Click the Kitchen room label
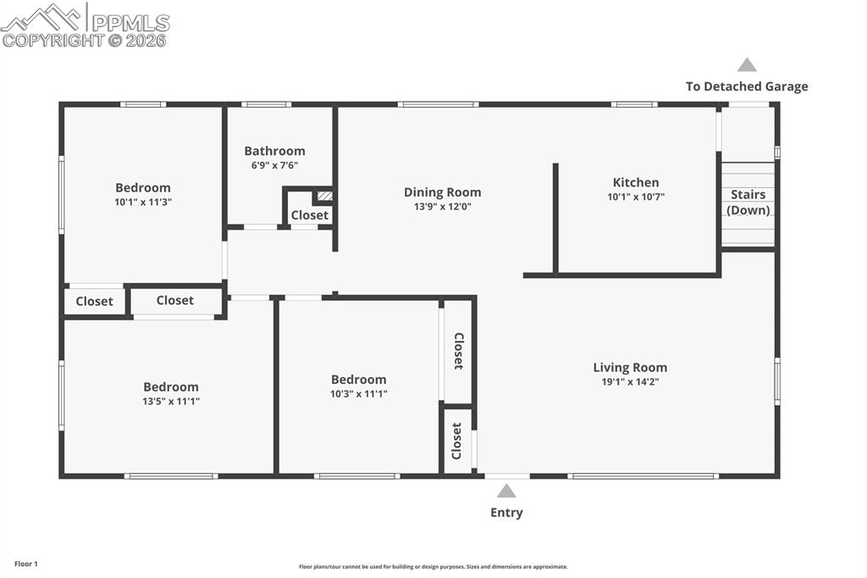[635, 182]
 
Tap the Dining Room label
[442, 192]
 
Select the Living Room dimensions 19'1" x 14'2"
[630, 382]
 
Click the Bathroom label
[274, 151]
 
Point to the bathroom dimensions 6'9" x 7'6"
[274, 165]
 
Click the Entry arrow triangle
[506, 491]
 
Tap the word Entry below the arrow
[506, 513]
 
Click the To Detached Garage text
[747, 86]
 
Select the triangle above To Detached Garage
[747, 64]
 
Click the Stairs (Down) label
[748, 203]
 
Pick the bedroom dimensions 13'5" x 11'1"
[171, 402]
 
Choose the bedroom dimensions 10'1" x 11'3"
[143, 203]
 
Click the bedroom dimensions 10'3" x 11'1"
[359, 394]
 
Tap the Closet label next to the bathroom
[309, 215]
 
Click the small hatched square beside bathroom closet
[323, 196]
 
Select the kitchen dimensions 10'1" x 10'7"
[635, 197]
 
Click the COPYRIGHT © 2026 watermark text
[85, 40]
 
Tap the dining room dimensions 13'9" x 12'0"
[442, 207]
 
